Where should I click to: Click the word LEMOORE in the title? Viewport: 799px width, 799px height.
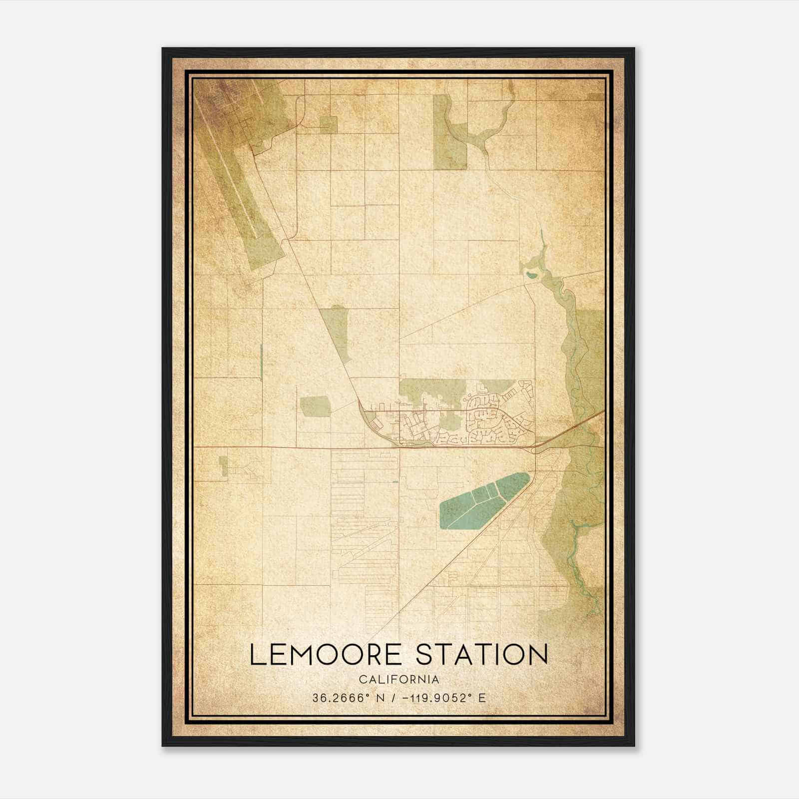325,655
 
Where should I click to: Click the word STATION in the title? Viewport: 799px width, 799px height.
482,655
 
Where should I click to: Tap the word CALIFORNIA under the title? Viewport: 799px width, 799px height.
399,679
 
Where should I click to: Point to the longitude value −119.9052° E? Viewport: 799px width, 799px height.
439,698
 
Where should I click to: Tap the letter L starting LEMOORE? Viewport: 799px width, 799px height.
256,655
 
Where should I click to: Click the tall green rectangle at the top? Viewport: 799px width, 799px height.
449,132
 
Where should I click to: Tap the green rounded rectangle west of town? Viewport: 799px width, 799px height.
315,406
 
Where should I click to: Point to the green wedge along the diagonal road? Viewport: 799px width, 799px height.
336,330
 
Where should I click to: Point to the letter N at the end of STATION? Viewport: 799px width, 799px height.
537,655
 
